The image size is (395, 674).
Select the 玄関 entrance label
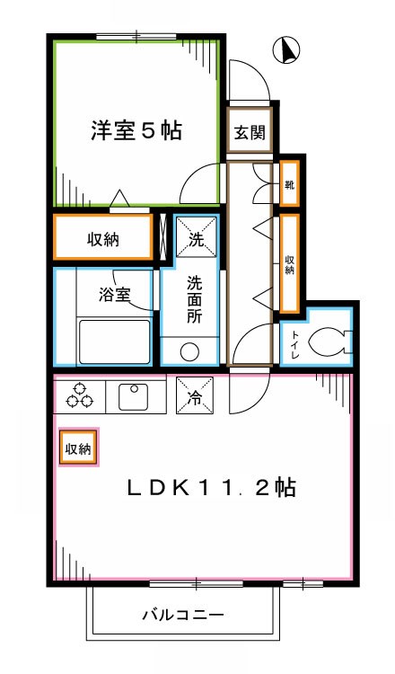click(x=249, y=134)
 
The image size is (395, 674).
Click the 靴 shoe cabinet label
click(x=290, y=186)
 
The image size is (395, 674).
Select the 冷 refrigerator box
click(x=195, y=398)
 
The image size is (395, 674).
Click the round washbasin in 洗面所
click(x=191, y=351)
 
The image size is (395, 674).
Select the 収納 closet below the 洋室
click(x=104, y=239)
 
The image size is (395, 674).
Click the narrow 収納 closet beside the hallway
click(x=290, y=264)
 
